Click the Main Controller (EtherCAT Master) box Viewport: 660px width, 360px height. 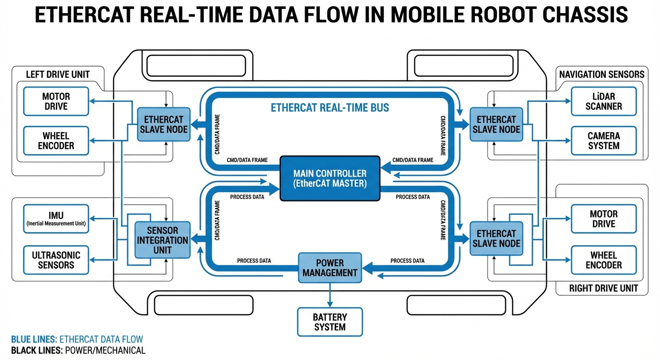[x=330, y=179]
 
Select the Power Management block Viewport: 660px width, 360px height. [x=330, y=268]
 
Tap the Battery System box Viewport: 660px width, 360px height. [x=330, y=322]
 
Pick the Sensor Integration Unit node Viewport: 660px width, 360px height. [x=163, y=240]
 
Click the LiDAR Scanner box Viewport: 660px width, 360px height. [x=604, y=101]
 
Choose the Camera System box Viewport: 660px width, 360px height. [x=604, y=141]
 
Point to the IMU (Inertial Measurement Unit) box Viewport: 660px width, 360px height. [x=56, y=219]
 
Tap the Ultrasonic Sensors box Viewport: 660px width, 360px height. [x=56, y=260]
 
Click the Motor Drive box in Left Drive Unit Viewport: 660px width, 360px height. [x=56, y=101]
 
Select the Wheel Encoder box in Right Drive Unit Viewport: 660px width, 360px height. [x=604, y=260]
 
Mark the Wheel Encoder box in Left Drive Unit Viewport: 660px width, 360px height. [x=56, y=141]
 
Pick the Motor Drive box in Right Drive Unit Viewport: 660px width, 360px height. [x=604, y=219]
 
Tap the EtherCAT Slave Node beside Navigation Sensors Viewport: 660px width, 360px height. [x=496, y=124]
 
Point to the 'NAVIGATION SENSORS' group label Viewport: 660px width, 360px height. [x=601, y=74]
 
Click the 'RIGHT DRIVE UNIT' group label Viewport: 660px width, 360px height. [x=603, y=288]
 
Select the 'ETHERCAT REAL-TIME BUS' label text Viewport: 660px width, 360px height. [x=330, y=108]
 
